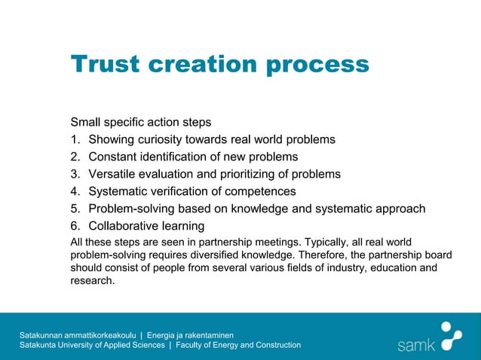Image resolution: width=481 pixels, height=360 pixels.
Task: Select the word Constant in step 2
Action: coord(113,157)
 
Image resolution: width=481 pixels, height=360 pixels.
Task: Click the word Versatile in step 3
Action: coord(114,174)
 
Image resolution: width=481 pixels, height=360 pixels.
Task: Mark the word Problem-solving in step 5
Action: coord(133,209)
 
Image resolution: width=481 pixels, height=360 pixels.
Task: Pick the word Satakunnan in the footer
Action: coord(44,334)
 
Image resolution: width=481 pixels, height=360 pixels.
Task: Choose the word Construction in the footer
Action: coord(276,345)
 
